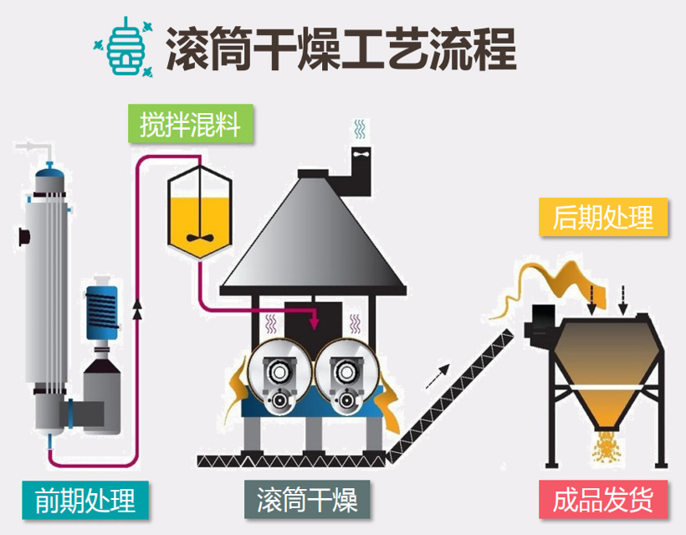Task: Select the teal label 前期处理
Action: coord(84,500)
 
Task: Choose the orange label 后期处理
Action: coord(602,219)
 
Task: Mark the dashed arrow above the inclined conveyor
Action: coord(436,376)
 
